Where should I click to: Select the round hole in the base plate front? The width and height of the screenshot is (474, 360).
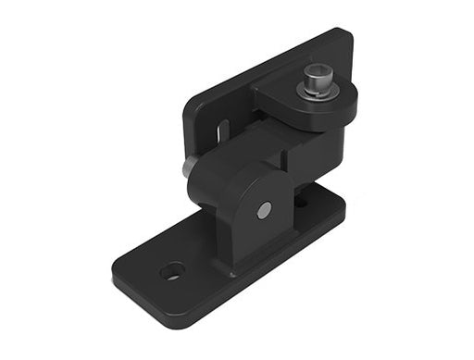click(x=171, y=271)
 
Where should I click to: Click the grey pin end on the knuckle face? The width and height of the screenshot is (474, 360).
click(x=264, y=210)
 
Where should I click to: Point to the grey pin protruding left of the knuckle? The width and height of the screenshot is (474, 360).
click(x=189, y=167)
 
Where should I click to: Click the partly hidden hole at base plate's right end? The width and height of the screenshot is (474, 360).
click(x=303, y=198)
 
